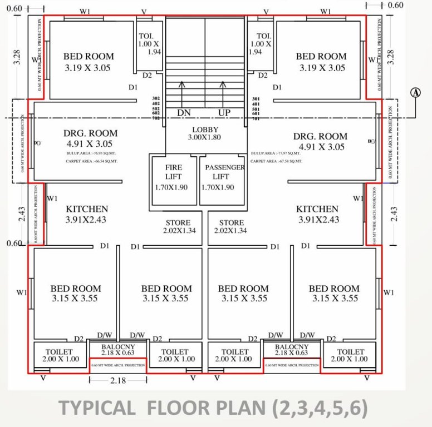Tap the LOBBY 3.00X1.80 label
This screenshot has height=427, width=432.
205,133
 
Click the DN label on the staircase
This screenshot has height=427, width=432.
184,113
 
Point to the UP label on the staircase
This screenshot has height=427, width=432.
224,113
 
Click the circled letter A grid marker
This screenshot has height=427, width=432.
415,93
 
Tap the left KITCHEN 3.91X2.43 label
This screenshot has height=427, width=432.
86,214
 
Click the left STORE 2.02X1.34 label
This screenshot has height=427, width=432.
177,226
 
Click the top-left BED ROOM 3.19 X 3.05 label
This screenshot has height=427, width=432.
88,62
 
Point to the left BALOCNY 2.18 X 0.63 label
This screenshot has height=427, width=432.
118,349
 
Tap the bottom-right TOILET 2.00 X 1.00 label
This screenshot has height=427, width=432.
351,355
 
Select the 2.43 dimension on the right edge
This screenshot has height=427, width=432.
395,214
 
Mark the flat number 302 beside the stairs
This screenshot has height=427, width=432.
156,98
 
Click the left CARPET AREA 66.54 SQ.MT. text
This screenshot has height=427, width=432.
91,161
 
